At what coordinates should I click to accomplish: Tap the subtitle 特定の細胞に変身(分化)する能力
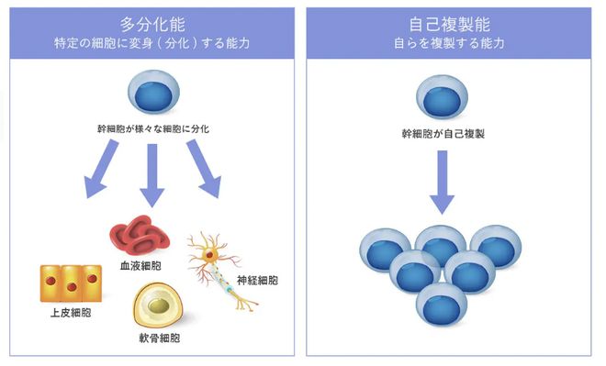tap(153, 43)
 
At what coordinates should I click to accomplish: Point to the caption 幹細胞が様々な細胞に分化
tap(152, 129)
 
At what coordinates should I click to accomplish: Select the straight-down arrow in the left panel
tap(152, 174)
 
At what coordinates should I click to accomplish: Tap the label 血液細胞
tap(140, 264)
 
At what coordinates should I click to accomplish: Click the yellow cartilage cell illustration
tap(160, 305)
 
